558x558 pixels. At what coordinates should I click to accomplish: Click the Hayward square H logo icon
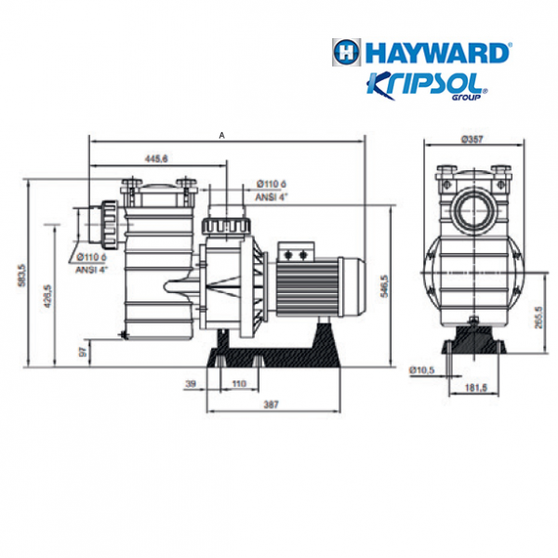click(x=346, y=52)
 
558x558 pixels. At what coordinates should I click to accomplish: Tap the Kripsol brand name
click(x=426, y=85)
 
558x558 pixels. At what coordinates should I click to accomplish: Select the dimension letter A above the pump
click(x=221, y=136)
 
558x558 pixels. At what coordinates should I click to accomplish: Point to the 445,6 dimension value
click(x=156, y=159)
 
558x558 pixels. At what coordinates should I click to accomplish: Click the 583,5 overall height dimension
click(x=22, y=275)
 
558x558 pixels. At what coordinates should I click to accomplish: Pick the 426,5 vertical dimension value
click(x=48, y=296)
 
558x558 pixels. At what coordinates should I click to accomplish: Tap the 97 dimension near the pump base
click(x=83, y=352)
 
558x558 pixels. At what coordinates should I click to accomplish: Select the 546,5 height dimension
click(x=384, y=286)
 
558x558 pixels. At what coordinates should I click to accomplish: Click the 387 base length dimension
click(x=272, y=405)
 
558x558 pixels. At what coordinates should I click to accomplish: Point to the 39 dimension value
click(x=191, y=383)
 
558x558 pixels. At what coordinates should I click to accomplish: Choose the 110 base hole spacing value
click(x=239, y=383)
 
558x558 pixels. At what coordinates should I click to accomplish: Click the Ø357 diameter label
click(x=472, y=139)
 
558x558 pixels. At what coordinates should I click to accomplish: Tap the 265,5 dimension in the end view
click(x=538, y=318)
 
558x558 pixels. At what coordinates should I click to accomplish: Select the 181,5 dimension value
click(x=476, y=388)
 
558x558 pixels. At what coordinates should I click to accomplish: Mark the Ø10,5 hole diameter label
click(x=421, y=370)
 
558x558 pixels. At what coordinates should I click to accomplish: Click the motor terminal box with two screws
click(x=296, y=252)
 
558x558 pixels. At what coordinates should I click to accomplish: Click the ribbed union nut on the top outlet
click(x=226, y=226)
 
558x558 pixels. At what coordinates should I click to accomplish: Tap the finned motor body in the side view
click(x=308, y=286)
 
